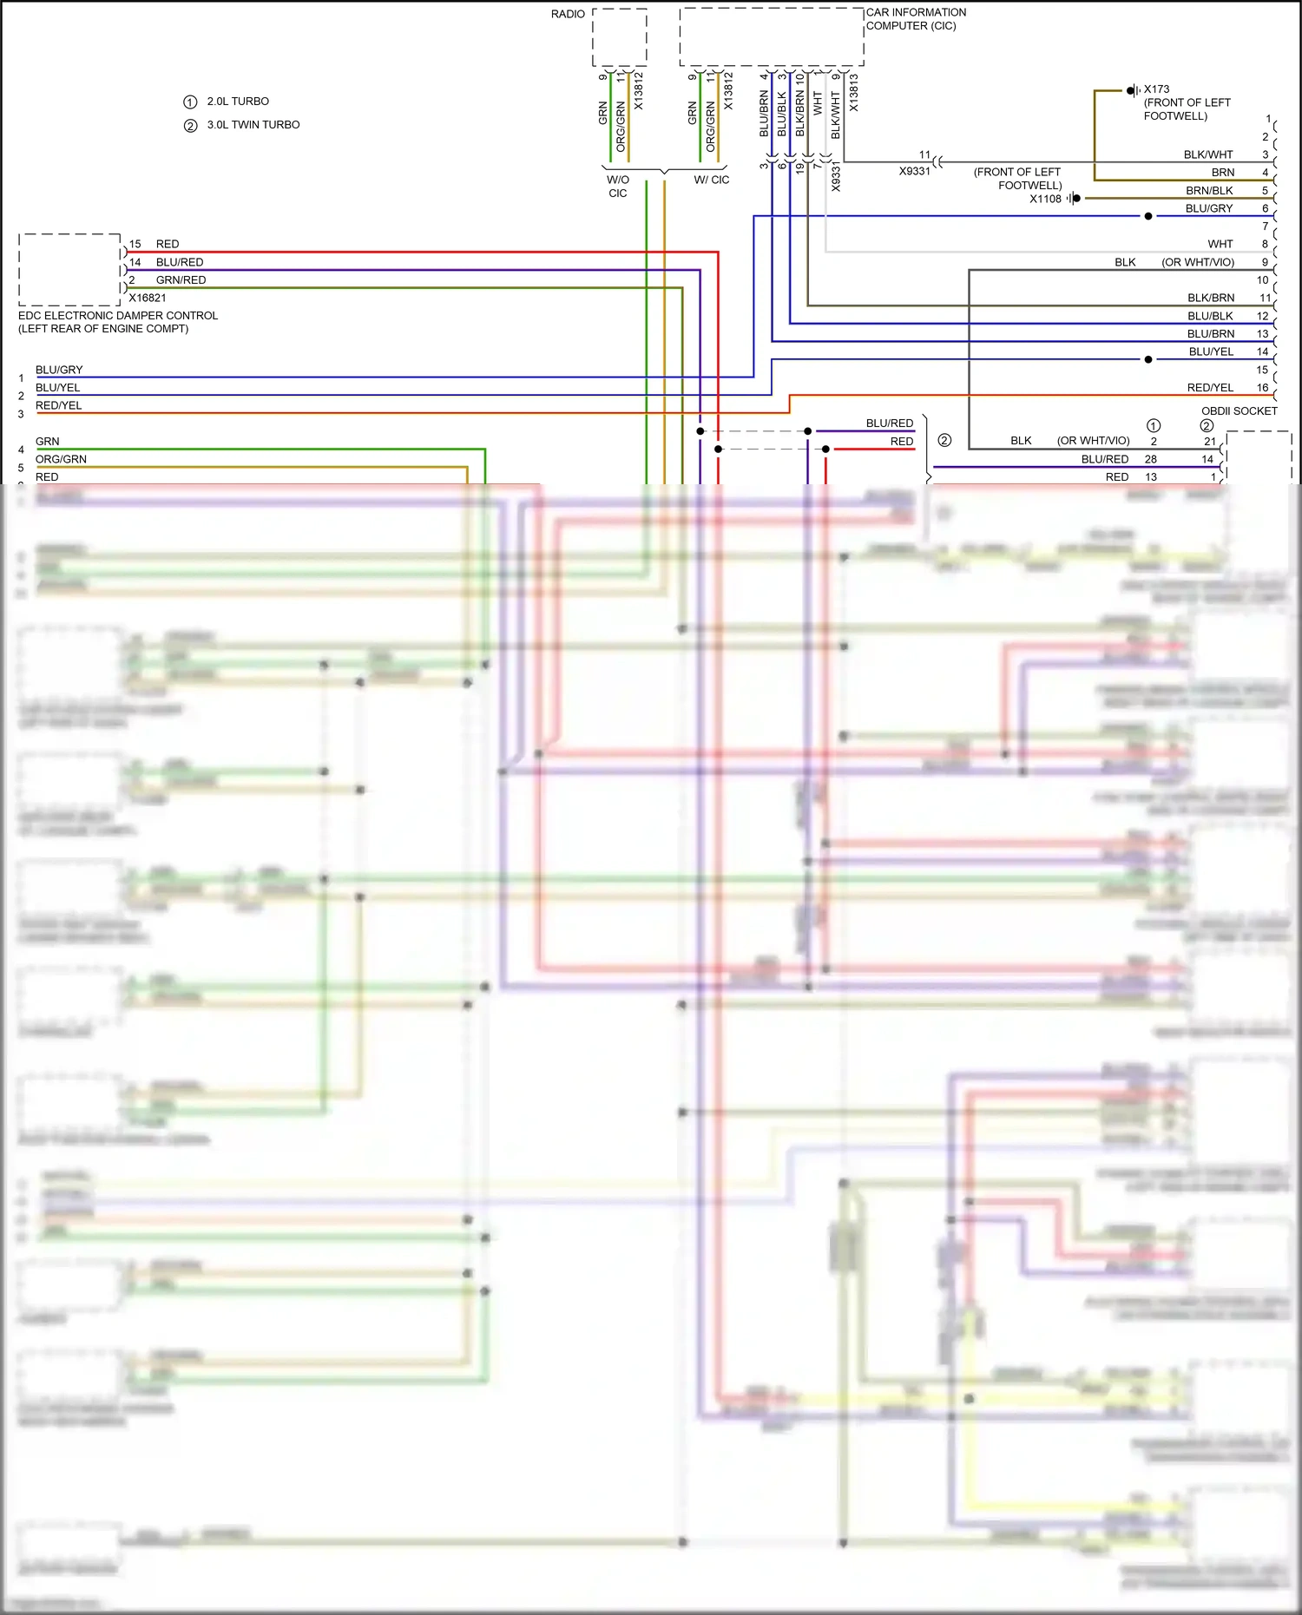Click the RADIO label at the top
568,14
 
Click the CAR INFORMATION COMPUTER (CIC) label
915,19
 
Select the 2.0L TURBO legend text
238,102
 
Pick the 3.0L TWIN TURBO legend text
253,125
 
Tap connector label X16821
148,298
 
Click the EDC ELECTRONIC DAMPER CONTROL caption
118,316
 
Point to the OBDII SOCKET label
1239,411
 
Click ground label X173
1156,89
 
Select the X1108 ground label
1045,199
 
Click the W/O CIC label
618,187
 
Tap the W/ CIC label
712,181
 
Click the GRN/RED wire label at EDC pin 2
181,280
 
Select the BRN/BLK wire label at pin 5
1209,191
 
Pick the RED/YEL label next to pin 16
1210,388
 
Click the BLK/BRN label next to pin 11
1210,299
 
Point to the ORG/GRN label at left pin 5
61,460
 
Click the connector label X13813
853,92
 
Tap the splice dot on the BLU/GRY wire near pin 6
1148,216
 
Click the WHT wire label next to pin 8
1220,245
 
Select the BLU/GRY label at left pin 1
59,371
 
